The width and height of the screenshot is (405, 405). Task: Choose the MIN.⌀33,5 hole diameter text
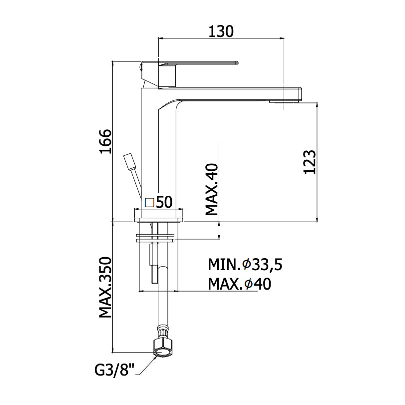click(245, 264)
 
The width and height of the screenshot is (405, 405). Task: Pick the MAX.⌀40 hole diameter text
click(239, 284)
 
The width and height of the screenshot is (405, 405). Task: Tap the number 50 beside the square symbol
click(164, 202)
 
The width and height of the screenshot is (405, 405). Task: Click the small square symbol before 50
click(149, 202)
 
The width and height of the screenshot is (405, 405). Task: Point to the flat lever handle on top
click(200, 63)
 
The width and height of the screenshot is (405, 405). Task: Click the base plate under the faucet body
click(159, 215)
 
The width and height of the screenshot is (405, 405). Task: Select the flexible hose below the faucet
click(162, 300)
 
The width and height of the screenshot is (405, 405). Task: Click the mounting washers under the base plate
click(156, 237)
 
